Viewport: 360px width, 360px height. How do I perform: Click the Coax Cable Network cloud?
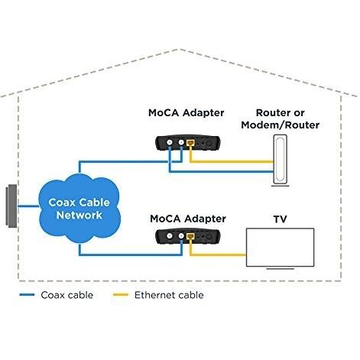pyautogui.click(x=79, y=209)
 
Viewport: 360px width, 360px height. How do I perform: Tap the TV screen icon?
pyautogui.click(x=280, y=248)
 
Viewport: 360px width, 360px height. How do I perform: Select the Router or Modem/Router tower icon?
pyautogui.click(x=280, y=160)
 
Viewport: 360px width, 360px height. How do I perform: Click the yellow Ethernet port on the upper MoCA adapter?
pyautogui.click(x=190, y=143)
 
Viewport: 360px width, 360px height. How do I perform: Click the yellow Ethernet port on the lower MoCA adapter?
pyautogui.click(x=190, y=236)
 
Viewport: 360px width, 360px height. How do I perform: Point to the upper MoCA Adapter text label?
pyautogui.click(x=186, y=112)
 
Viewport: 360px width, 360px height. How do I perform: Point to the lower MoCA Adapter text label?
pyautogui.click(x=188, y=219)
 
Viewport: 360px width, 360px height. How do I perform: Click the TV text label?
pyautogui.click(x=280, y=219)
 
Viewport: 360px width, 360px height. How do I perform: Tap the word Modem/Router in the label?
pyautogui.click(x=280, y=125)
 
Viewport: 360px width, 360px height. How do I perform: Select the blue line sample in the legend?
pyautogui.click(x=27, y=295)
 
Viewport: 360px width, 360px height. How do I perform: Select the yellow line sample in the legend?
pyautogui.click(x=121, y=295)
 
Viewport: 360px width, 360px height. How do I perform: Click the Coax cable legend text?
pyautogui.click(x=67, y=295)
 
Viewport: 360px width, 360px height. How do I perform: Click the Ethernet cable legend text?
pyautogui.click(x=169, y=295)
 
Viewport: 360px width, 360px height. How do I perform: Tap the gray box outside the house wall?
pyautogui.click(x=11, y=206)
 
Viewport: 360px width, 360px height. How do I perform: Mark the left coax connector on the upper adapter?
pyautogui.click(x=170, y=142)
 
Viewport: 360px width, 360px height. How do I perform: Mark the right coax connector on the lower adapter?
pyautogui.click(x=181, y=236)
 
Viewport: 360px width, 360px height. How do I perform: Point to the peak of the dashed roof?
pyautogui.click(x=180, y=49)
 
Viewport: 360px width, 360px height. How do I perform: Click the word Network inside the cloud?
pyautogui.click(x=79, y=215)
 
